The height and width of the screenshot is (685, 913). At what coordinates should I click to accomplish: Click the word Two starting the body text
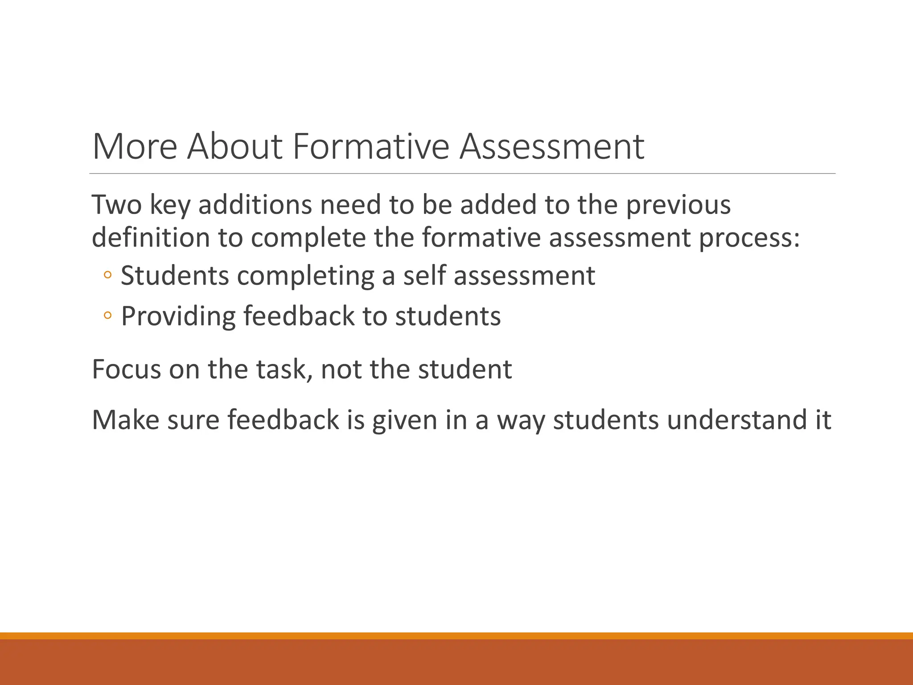tap(116, 205)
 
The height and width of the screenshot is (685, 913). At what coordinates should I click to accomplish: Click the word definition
tap(151, 237)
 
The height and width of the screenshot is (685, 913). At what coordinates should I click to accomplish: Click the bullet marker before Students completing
tap(107, 275)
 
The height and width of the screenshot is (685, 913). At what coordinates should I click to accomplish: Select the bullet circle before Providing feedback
tap(107, 316)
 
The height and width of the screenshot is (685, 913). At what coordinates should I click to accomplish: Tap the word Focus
tap(126, 369)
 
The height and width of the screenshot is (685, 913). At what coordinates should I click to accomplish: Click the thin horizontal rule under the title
tap(462, 173)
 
